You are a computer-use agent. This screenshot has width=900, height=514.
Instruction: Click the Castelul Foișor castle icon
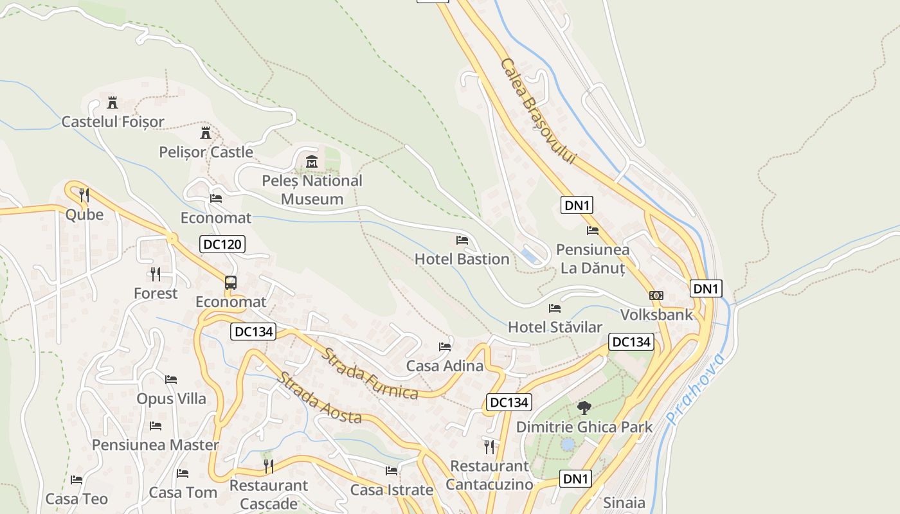(113, 102)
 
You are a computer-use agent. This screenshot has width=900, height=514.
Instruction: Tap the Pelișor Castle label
(206, 152)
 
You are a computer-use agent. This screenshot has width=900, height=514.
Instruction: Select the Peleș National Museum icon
(312, 161)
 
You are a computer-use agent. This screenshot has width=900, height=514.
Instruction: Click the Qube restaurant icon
(84, 195)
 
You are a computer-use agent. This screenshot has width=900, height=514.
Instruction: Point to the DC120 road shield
(222, 244)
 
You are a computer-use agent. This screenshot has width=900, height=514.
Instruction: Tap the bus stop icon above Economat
(230, 282)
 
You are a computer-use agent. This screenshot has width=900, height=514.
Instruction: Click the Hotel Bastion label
(462, 259)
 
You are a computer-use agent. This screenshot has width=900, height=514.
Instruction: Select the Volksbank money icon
(656, 296)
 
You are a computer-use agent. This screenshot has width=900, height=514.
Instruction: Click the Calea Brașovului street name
(537, 111)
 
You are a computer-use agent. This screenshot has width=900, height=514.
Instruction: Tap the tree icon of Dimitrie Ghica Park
(584, 407)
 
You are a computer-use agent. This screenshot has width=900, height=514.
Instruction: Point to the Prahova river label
(696, 388)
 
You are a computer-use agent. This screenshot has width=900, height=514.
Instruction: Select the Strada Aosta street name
(319, 397)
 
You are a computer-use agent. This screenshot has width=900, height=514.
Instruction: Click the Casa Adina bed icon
(445, 347)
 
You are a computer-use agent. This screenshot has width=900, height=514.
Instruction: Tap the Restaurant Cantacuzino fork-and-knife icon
(489, 447)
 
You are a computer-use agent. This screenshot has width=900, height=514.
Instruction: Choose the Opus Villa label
(171, 398)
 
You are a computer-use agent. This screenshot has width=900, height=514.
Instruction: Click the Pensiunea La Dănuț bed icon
(593, 230)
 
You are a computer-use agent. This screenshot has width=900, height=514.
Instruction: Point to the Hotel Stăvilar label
(555, 326)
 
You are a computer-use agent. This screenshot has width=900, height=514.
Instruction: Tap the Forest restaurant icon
(155, 274)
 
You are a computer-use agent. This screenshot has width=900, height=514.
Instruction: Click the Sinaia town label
(624, 502)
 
